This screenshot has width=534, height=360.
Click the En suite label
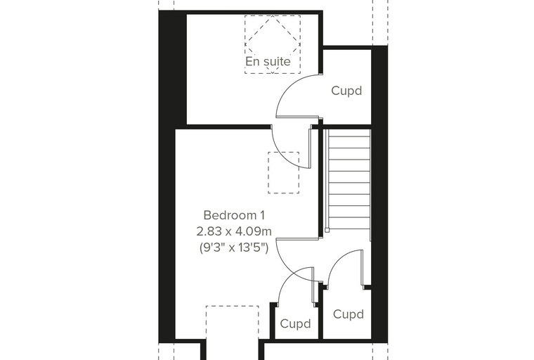tap(268, 61)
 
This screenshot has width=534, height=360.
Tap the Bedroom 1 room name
tap(234, 215)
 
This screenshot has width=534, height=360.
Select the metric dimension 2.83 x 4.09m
tap(234, 231)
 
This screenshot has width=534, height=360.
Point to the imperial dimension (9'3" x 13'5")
tap(234, 247)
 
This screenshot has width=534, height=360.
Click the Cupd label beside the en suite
tap(346, 91)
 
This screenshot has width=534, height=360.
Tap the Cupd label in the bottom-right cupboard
tap(349, 314)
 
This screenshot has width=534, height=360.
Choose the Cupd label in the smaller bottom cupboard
tap(295, 323)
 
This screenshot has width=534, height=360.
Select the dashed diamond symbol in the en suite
tap(273, 44)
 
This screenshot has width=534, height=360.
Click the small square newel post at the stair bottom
tap(327, 231)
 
